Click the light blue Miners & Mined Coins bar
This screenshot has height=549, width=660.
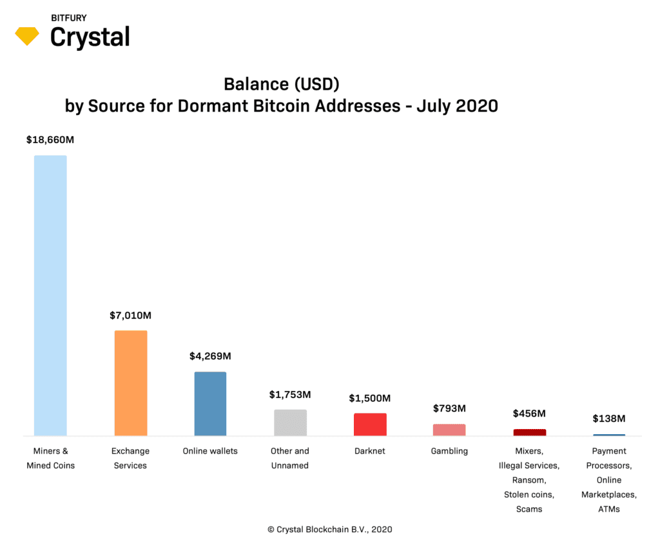click(50, 295)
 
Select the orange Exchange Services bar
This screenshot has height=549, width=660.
click(131, 383)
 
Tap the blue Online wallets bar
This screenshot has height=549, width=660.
click(211, 404)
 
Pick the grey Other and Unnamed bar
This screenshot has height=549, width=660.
click(291, 423)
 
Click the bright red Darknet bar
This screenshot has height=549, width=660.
click(370, 424)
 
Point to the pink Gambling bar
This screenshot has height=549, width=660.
click(449, 430)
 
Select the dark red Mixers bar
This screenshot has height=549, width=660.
click(530, 432)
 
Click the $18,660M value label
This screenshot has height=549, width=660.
click(50, 140)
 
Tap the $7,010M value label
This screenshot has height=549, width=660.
click(130, 315)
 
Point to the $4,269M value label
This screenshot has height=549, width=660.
click(211, 357)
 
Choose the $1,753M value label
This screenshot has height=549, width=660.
click(290, 395)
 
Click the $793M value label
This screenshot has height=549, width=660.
click(449, 408)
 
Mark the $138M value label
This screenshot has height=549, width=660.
click(609, 419)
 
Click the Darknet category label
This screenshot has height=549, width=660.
click(370, 451)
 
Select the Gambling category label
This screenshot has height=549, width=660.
click(449, 451)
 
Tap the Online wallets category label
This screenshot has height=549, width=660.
click(210, 451)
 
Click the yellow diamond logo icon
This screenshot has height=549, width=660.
click(27, 36)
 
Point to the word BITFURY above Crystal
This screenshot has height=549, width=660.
click(68, 18)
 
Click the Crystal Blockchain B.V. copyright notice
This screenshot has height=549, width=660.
click(330, 530)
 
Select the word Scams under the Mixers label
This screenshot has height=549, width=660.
click(529, 509)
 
